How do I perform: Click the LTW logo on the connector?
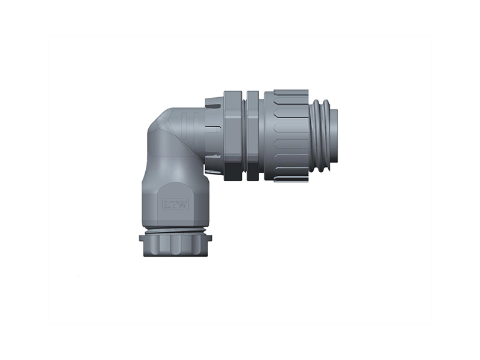click(x=175, y=204)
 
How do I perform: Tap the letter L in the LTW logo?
click(x=167, y=205)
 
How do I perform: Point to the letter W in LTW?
click(x=182, y=205)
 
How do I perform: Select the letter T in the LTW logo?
click(x=173, y=205)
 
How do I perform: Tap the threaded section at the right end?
click(x=321, y=136)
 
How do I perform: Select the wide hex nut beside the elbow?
click(x=234, y=136)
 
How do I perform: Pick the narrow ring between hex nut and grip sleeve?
click(x=253, y=136)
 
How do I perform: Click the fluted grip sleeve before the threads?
click(x=286, y=136)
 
